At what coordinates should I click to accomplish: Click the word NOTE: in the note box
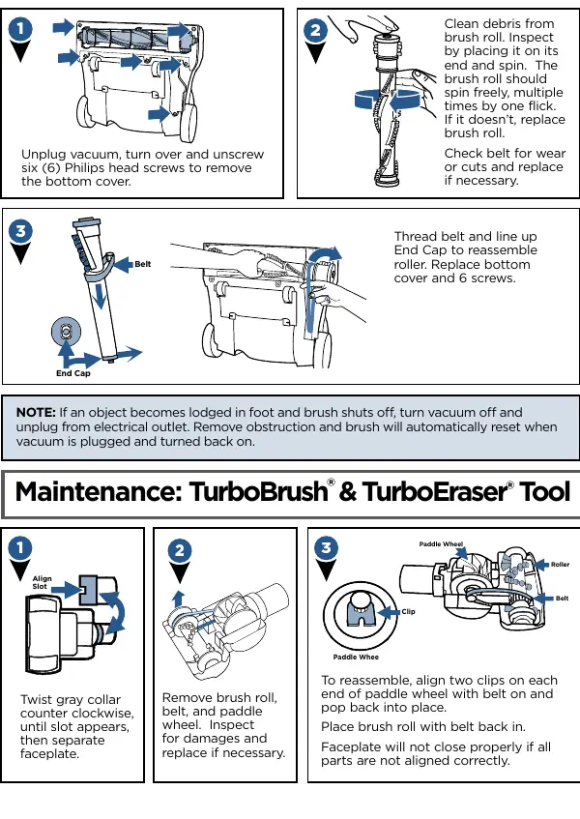coord(36,412)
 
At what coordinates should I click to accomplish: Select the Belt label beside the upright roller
coord(142,264)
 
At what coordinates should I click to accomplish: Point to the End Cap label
coord(73,373)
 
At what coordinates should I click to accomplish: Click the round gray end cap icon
coord(67,332)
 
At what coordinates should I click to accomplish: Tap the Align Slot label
coord(42,582)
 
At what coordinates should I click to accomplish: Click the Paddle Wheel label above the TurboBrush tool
coord(441,544)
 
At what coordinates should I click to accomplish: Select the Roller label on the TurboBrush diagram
coord(560,565)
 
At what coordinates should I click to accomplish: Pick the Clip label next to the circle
coord(408,612)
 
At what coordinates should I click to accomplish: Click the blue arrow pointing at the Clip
coord(389,612)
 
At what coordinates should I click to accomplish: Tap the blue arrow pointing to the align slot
coord(67,590)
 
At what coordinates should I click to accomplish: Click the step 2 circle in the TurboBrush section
coord(180,550)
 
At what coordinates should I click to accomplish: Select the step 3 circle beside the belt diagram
coord(21,231)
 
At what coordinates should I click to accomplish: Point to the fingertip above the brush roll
coord(388,23)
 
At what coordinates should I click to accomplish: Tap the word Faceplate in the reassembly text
coord(347,746)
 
